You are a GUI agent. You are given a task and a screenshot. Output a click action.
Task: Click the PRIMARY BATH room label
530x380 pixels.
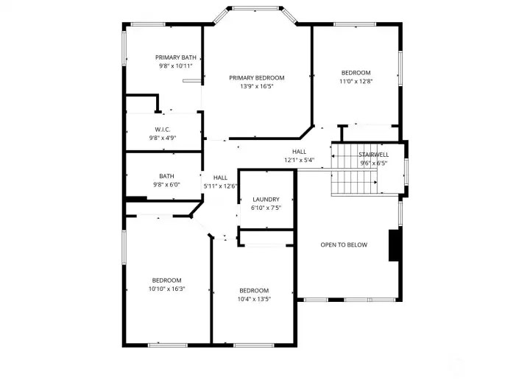coord(176,57)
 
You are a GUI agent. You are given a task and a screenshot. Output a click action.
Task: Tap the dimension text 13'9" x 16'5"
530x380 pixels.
coord(257,86)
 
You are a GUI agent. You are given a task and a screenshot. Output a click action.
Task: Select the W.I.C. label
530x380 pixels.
coord(163,130)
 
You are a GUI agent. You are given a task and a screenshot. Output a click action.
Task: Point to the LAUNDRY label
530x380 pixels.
coord(266,200)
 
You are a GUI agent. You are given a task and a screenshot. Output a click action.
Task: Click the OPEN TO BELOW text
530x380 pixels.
coord(344,244)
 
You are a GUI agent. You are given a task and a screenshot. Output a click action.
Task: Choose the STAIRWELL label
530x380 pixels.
coord(373,155)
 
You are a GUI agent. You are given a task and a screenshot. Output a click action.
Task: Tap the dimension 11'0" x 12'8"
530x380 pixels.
coord(356,81)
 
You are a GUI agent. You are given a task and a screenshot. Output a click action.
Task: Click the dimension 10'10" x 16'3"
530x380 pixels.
coord(166,289)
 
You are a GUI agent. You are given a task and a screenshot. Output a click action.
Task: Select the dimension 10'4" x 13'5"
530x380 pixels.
coord(254,299)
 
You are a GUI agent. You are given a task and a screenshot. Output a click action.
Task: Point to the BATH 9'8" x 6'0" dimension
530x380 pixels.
coord(166,185)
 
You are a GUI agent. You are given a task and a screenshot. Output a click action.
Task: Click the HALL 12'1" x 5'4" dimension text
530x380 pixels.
coord(299,160)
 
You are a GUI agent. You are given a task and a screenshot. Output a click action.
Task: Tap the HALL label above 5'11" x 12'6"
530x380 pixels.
coord(220,177)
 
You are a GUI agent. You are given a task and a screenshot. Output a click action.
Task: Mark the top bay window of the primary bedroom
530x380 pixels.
coord(256,8)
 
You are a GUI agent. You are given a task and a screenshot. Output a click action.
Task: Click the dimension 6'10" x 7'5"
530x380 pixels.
coord(266,208)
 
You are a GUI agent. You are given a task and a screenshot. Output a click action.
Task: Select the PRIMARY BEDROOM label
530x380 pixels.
coord(257,78)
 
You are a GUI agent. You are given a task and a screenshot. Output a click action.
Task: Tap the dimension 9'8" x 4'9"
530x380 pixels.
coord(163,138)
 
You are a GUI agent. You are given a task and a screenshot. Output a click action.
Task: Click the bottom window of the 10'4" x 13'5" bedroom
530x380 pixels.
coord(253,345)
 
